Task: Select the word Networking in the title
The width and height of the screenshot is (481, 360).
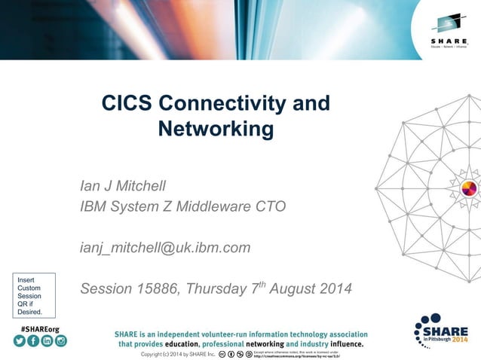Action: coord(216,129)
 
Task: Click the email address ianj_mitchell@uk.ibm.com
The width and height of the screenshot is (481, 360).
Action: coord(165,247)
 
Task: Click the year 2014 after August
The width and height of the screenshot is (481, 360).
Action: coord(333,288)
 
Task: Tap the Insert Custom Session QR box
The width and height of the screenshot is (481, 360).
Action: coord(31,294)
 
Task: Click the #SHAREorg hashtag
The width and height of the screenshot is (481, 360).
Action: coord(41,329)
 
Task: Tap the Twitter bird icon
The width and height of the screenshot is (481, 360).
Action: coord(20,341)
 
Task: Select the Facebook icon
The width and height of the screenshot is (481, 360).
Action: coord(33,341)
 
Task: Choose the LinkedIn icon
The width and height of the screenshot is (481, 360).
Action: coord(47,341)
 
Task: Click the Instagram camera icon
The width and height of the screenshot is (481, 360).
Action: coord(60,341)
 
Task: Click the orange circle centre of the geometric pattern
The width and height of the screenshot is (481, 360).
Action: coord(468,188)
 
